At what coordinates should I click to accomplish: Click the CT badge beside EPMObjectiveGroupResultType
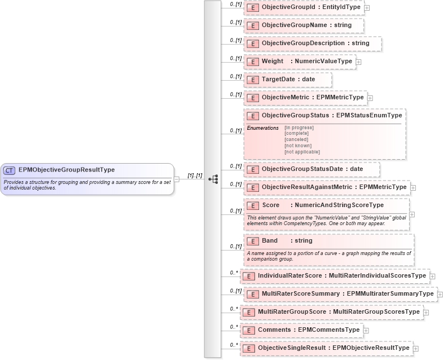[x=10, y=170]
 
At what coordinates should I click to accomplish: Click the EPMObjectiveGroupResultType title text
[x=67, y=170]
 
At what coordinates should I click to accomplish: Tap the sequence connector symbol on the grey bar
[x=213, y=179]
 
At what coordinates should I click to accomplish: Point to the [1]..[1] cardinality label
[x=195, y=175]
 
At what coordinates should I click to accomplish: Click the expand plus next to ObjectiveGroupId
[x=367, y=8]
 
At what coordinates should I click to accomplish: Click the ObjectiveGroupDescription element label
[x=313, y=43]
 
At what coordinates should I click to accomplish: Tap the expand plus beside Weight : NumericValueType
[x=358, y=62]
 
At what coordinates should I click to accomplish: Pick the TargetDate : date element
[x=288, y=80]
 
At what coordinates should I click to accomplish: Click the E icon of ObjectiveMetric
[x=253, y=98]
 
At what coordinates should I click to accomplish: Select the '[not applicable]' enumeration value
[x=302, y=152]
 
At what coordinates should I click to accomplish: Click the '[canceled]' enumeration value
[x=297, y=139]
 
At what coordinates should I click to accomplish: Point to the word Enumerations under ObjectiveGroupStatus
[x=262, y=128]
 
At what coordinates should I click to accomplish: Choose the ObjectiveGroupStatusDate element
[x=312, y=169]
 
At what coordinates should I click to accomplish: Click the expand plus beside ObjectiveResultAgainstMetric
[x=413, y=187]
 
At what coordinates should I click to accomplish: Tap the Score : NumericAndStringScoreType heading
[x=322, y=205]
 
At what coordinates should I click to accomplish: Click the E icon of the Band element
[x=253, y=241]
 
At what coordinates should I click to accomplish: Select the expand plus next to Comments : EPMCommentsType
[x=366, y=330]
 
